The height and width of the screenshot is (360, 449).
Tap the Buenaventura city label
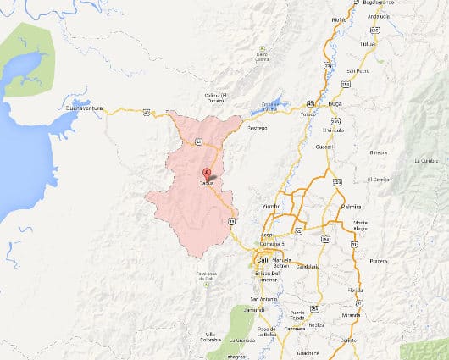[x=89, y=109]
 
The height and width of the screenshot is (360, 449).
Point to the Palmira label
[x=350, y=206]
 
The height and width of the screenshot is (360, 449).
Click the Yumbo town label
[x=272, y=206]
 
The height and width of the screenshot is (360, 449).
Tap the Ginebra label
[x=378, y=152]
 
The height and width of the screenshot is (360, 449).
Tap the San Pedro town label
[x=358, y=72]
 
